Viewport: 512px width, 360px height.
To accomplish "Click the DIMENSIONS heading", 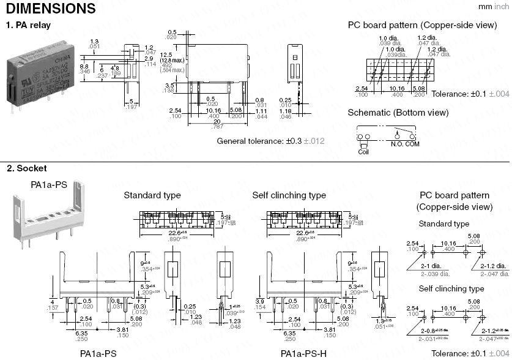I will coord(50,9).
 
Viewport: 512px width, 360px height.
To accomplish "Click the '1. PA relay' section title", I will coord(28,25).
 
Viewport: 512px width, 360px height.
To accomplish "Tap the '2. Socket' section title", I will coord(26,168).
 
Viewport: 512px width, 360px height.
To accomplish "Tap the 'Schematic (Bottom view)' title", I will coord(398,113).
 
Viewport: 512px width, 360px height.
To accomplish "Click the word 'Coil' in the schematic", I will coord(364,151).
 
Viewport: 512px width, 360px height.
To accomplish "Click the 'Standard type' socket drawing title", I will coord(152,195).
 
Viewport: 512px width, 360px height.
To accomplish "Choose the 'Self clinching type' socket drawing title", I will coord(289,195).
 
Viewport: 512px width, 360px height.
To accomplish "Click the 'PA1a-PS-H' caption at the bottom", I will coord(304,353).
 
